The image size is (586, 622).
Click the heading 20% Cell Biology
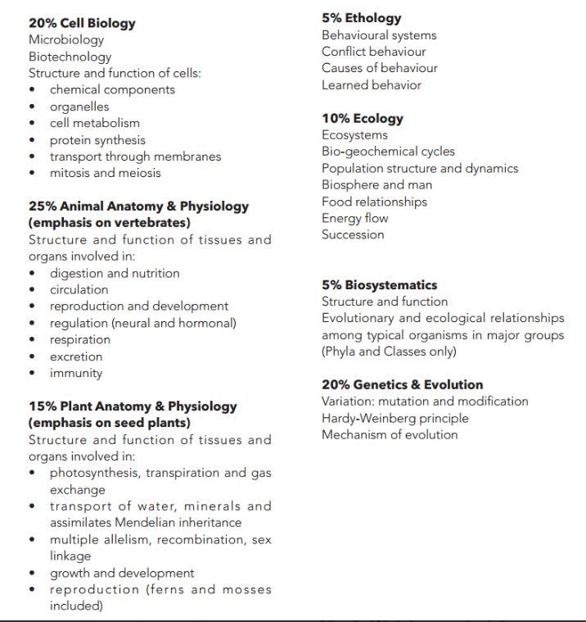point(82,23)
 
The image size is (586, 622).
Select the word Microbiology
point(66,39)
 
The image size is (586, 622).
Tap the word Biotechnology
point(70,57)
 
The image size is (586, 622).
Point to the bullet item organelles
point(79,107)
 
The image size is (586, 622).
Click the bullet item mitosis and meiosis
point(105,173)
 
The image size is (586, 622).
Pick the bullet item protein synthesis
point(97,140)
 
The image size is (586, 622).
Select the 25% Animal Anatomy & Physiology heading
point(138,207)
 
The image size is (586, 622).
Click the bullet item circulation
point(79,289)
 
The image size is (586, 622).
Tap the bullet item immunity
point(76,373)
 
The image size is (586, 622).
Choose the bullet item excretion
point(76,356)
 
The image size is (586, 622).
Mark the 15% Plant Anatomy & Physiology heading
point(133,406)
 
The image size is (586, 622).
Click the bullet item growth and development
point(122,573)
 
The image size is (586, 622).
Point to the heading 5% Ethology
point(361,18)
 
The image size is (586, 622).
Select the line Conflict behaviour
point(373,52)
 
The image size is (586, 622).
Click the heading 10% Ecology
point(362,118)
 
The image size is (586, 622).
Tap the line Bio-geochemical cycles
point(388,152)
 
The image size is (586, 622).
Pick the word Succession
point(353,234)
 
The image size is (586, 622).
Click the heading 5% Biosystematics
point(379,285)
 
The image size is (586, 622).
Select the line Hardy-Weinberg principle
point(395,418)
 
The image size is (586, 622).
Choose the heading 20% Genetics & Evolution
point(402,384)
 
